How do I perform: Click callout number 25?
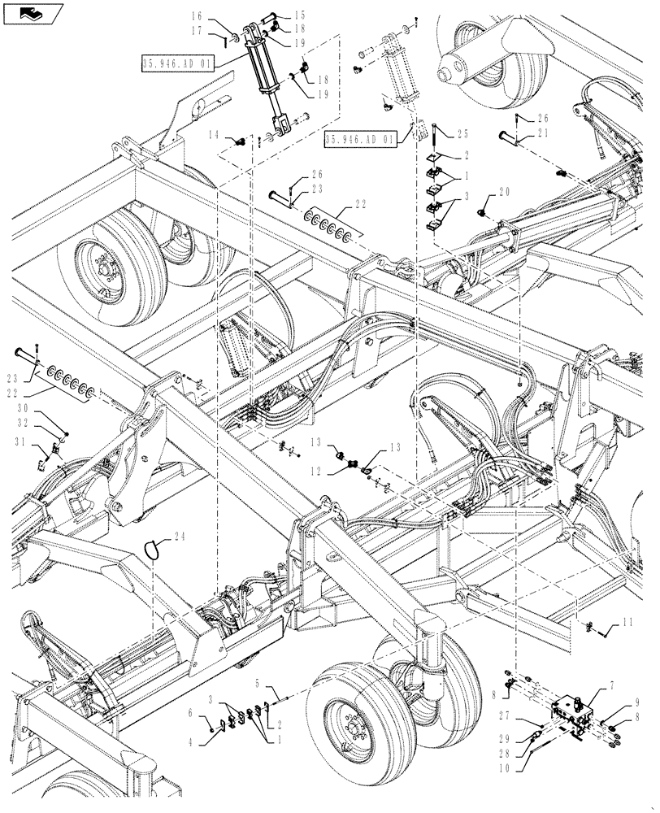tap(462, 133)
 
